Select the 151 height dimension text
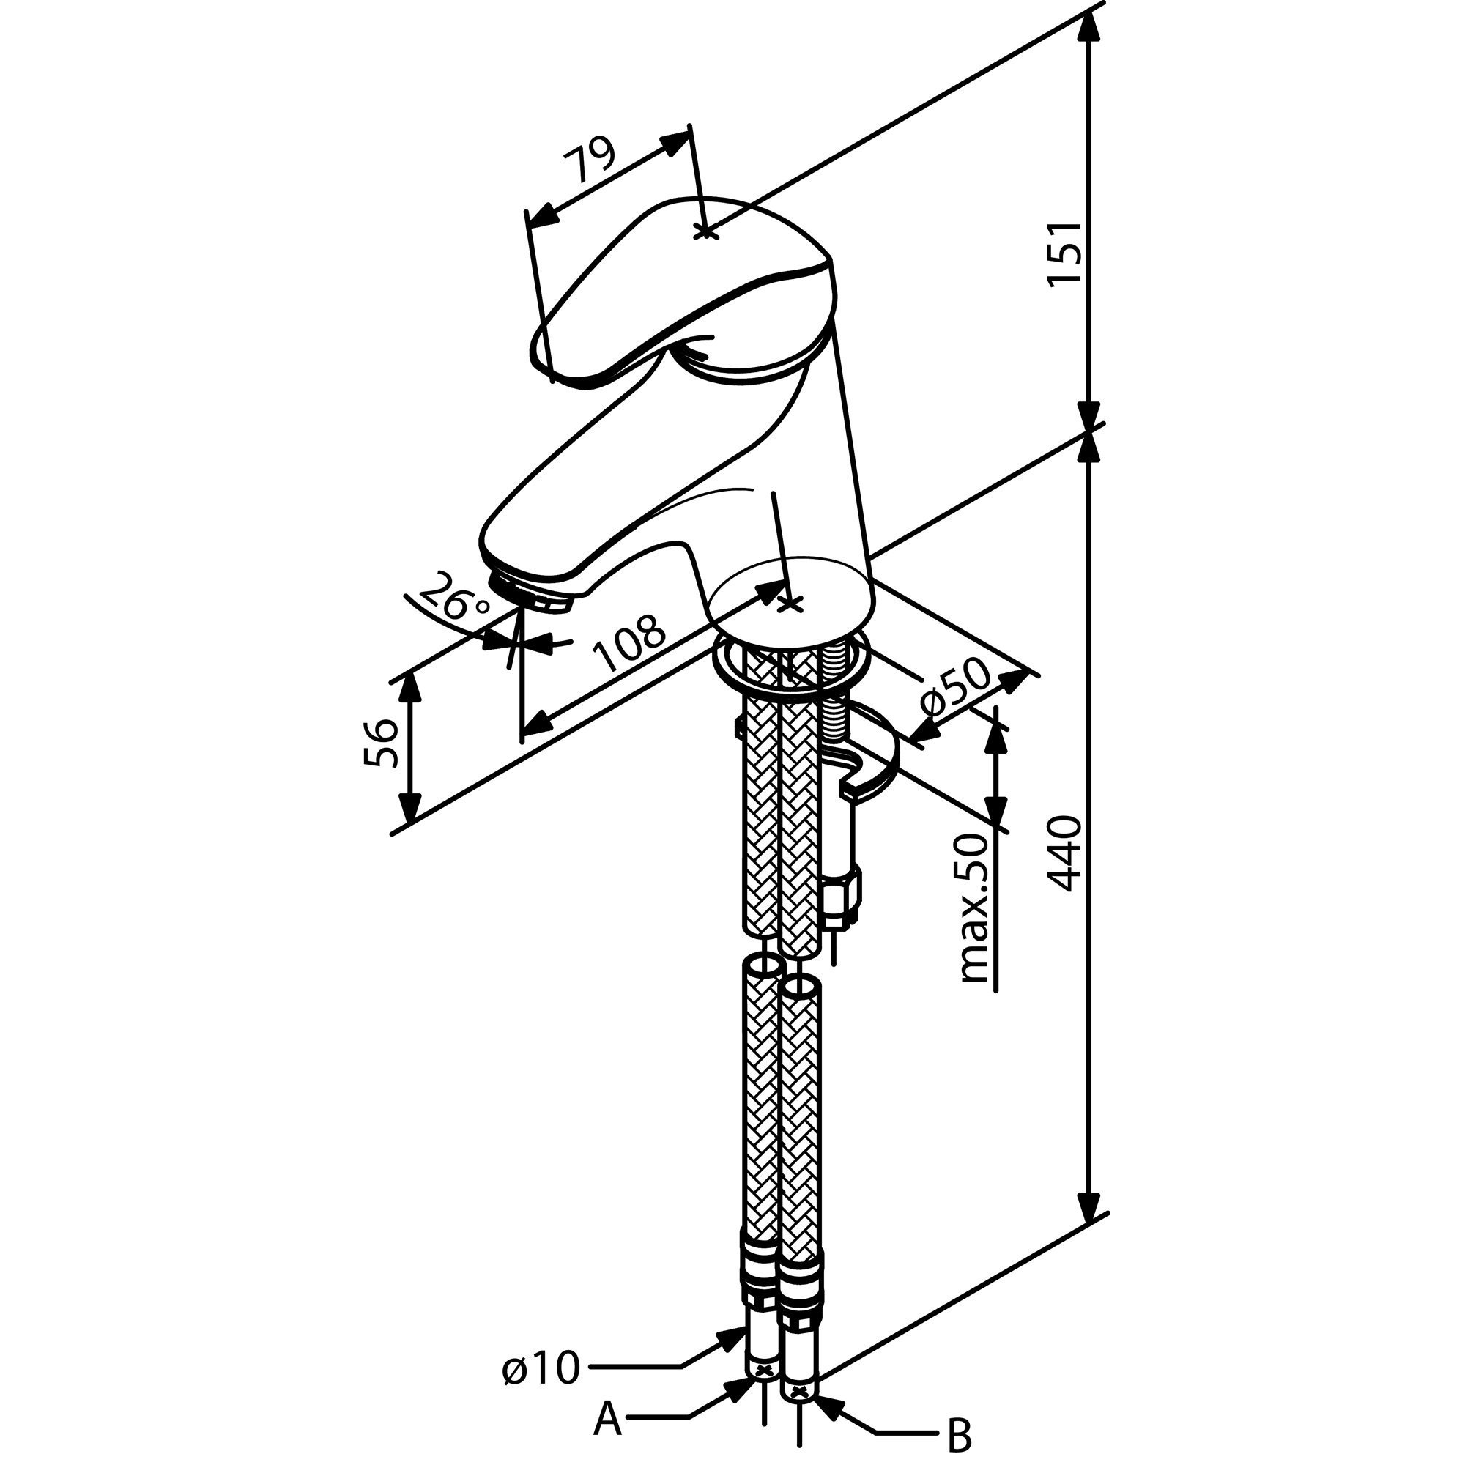pyautogui.click(x=1063, y=253)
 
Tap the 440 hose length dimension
pyautogui.click(x=1063, y=853)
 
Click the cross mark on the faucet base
pyautogui.click(x=790, y=604)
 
